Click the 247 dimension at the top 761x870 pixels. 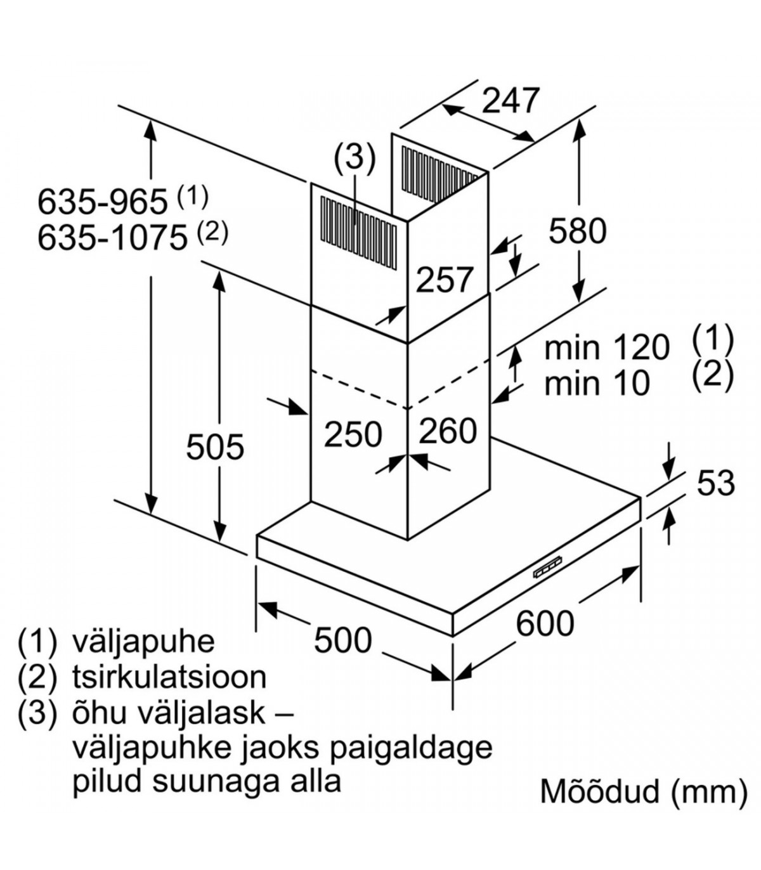(511, 100)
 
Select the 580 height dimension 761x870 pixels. (577, 230)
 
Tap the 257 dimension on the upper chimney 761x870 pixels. (445, 280)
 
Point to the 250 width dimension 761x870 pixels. (353, 434)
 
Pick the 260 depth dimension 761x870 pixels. (448, 431)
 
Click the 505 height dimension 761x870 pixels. (215, 446)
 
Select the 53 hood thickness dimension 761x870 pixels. (715, 483)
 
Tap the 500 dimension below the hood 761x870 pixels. (343, 640)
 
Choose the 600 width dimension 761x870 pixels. (545, 623)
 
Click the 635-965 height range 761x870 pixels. (103, 202)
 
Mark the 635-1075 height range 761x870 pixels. (113, 238)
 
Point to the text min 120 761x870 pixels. (607, 347)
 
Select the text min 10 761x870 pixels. (597, 383)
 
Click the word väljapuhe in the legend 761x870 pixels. (144, 641)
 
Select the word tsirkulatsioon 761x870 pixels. (169, 677)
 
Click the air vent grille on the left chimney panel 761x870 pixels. (358, 225)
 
